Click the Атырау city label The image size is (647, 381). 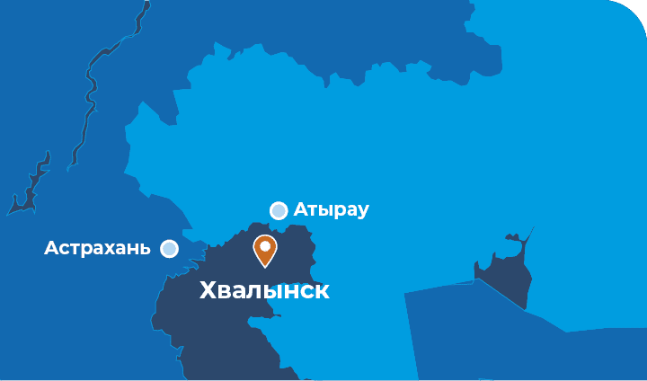click(x=331, y=210)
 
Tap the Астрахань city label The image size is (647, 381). click(x=97, y=248)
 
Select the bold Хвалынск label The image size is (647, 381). click(x=263, y=291)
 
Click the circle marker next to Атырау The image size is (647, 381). click(x=279, y=210)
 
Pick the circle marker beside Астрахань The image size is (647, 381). click(x=169, y=249)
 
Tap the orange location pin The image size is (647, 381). click(x=265, y=250)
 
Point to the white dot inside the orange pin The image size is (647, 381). click(x=265, y=245)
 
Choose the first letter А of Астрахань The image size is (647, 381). click(x=50, y=248)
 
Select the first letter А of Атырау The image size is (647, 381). click(x=300, y=210)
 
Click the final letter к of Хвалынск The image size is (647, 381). click(x=322, y=291)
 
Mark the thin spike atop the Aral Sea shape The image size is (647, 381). click(x=528, y=235)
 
